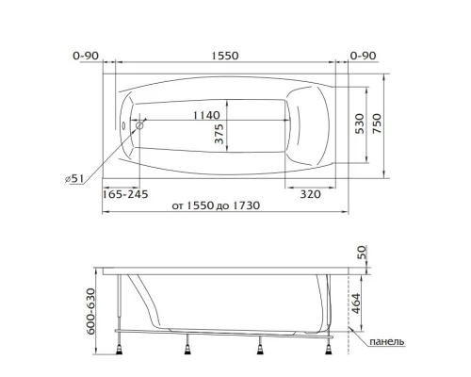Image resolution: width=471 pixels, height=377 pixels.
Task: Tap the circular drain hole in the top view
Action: point(139,123)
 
